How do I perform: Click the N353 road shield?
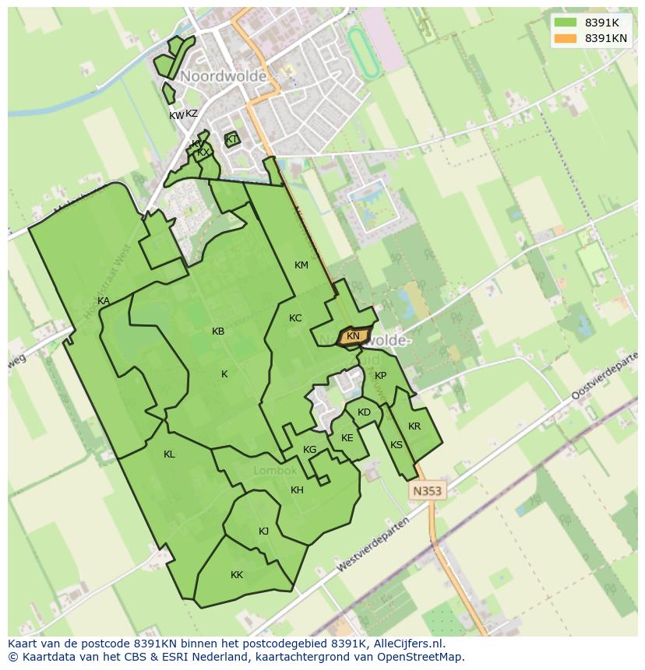(427, 491)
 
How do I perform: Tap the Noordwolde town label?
(224, 77)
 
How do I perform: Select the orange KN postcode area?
(354, 336)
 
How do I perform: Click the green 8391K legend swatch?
(566, 23)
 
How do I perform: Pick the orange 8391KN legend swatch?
(566, 38)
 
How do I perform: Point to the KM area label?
(301, 265)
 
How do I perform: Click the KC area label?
(295, 318)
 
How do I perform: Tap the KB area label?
(218, 331)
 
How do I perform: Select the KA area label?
(104, 301)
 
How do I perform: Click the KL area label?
(169, 454)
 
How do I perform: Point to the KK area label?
(237, 575)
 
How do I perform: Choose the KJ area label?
(263, 531)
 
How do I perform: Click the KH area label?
(297, 490)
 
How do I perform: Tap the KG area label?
(310, 450)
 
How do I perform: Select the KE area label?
(347, 438)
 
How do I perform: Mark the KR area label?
(414, 426)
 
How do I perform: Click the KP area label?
(380, 376)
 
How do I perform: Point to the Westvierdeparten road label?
(373, 545)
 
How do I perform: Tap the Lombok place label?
(275, 471)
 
